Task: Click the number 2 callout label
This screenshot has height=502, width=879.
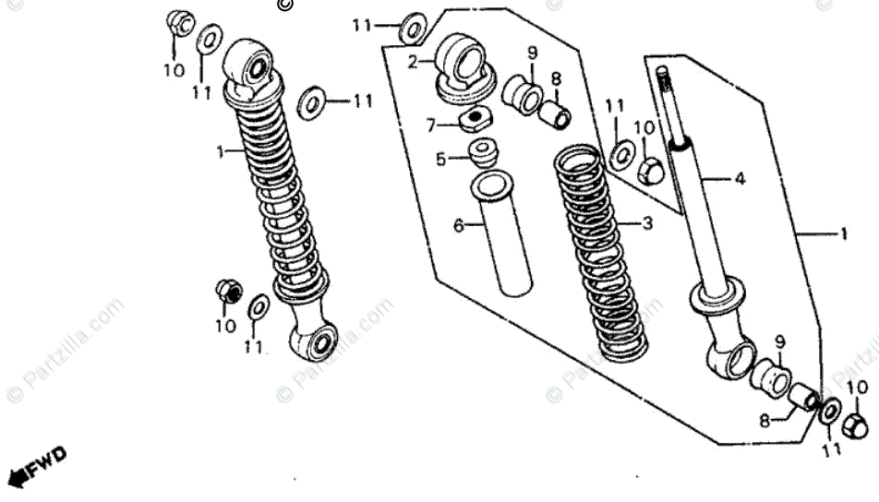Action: click(413, 63)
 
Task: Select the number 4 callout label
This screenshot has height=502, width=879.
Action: click(739, 180)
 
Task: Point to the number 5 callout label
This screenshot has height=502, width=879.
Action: click(440, 159)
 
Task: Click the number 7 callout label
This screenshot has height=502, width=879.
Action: click(430, 125)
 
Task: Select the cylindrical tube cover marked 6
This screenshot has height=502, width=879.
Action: click(502, 234)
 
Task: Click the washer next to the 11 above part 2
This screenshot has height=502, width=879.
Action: click(412, 28)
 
